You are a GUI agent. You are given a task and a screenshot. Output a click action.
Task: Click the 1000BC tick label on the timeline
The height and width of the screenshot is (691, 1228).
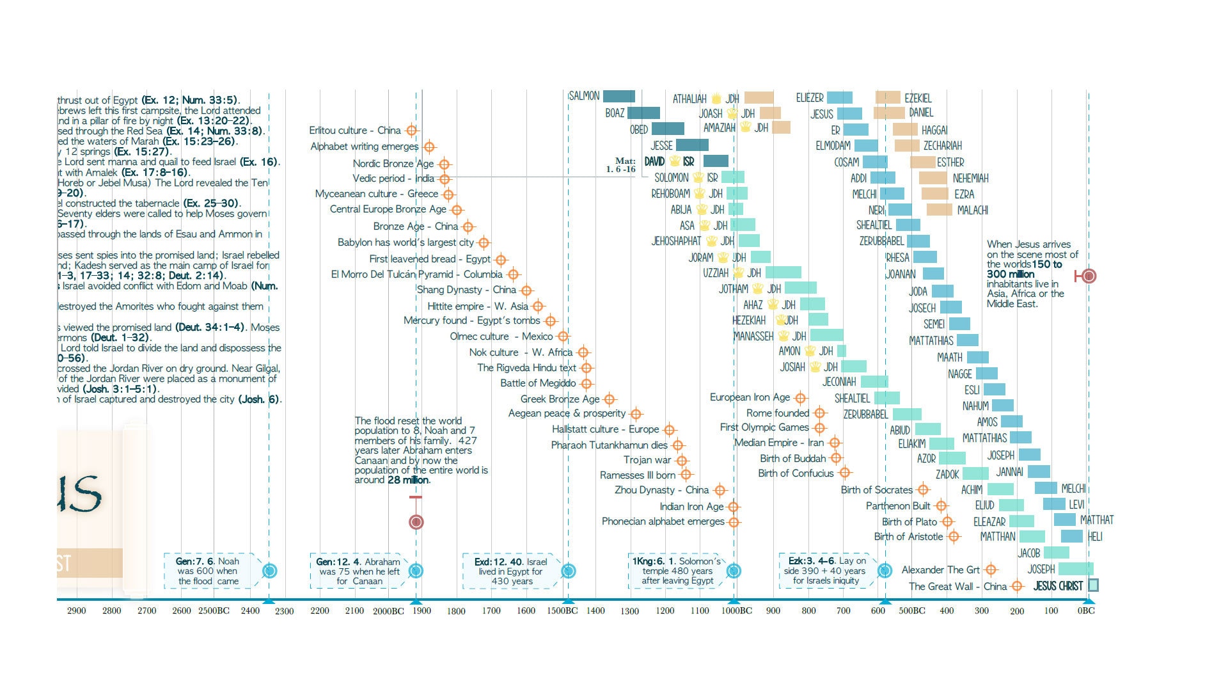tap(736, 610)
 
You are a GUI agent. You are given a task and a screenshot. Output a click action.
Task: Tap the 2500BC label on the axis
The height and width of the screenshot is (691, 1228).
tap(213, 610)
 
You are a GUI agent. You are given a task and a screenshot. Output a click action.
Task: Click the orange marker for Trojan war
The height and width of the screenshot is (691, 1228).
tap(682, 461)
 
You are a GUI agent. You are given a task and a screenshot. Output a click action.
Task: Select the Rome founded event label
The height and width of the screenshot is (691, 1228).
tap(778, 413)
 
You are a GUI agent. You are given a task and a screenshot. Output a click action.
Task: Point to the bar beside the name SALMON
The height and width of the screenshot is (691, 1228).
tap(618, 97)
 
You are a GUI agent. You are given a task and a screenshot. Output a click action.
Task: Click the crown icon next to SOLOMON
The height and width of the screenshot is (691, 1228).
tap(698, 178)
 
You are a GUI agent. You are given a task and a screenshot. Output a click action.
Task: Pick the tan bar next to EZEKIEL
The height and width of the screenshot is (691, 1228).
tap(888, 97)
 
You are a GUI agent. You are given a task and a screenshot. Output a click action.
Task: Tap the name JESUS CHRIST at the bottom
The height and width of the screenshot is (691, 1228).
tap(1058, 585)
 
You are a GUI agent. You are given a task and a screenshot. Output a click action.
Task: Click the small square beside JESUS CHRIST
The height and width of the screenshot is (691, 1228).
tap(1093, 585)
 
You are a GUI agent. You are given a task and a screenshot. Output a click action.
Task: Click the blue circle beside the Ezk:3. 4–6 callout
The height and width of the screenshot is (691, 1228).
tap(885, 570)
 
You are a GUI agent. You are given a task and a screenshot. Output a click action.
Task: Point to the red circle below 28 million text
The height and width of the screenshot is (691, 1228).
tap(416, 522)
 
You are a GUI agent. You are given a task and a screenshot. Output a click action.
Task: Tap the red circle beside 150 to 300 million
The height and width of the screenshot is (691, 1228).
tap(1089, 276)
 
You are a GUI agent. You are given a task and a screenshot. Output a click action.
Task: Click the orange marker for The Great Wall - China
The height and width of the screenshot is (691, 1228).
tap(1017, 586)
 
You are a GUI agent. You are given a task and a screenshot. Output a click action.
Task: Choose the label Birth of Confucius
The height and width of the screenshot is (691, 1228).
tap(796, 473)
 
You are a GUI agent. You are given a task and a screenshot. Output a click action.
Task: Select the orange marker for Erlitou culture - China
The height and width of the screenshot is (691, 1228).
tap(412, 131)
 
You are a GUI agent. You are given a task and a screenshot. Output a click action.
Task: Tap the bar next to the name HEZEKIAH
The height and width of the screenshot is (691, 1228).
tap(818, 319)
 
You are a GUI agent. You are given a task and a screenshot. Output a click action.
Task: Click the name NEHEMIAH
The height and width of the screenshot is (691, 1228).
tap(970, 179)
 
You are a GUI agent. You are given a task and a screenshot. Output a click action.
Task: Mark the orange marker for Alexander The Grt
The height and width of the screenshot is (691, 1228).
tap(991, 569)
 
